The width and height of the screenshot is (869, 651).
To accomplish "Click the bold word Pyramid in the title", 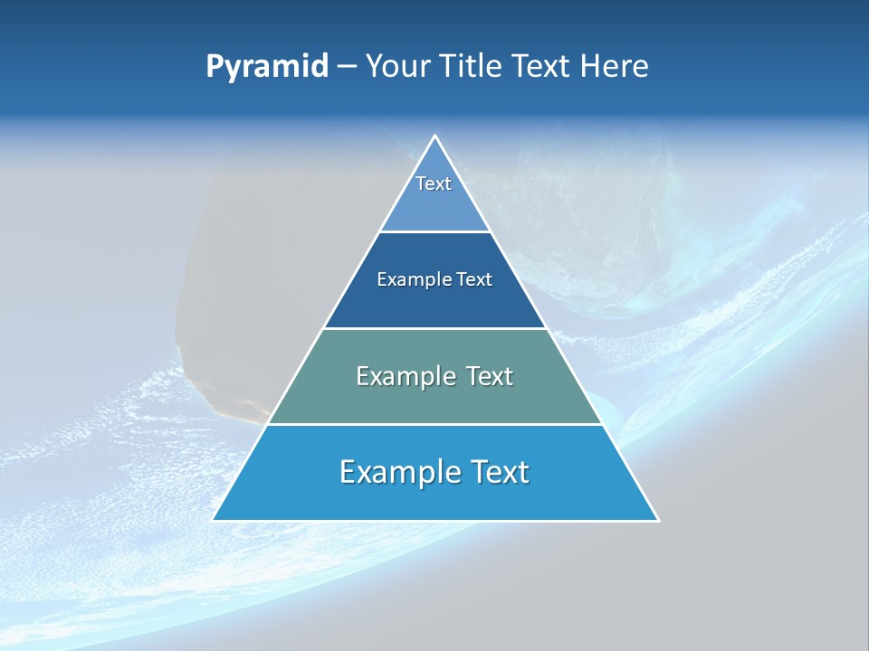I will point(267,67).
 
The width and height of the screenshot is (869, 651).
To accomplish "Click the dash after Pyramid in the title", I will point(347,68).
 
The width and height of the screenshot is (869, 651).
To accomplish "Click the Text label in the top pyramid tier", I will point(434,184).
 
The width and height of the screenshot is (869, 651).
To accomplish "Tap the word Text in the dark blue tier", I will point(474,280).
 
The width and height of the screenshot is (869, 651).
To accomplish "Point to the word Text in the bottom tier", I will point(499,472).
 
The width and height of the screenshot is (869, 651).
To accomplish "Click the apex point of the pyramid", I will point(435,137).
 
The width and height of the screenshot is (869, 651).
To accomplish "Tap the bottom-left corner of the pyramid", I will point(214,520).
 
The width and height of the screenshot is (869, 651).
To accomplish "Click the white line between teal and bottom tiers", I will point(435,424).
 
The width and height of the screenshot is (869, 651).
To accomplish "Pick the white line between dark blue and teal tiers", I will point(435,328).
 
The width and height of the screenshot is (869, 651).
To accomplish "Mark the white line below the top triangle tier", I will point(435,231).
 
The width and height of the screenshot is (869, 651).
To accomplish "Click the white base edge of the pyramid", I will point(435,521).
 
